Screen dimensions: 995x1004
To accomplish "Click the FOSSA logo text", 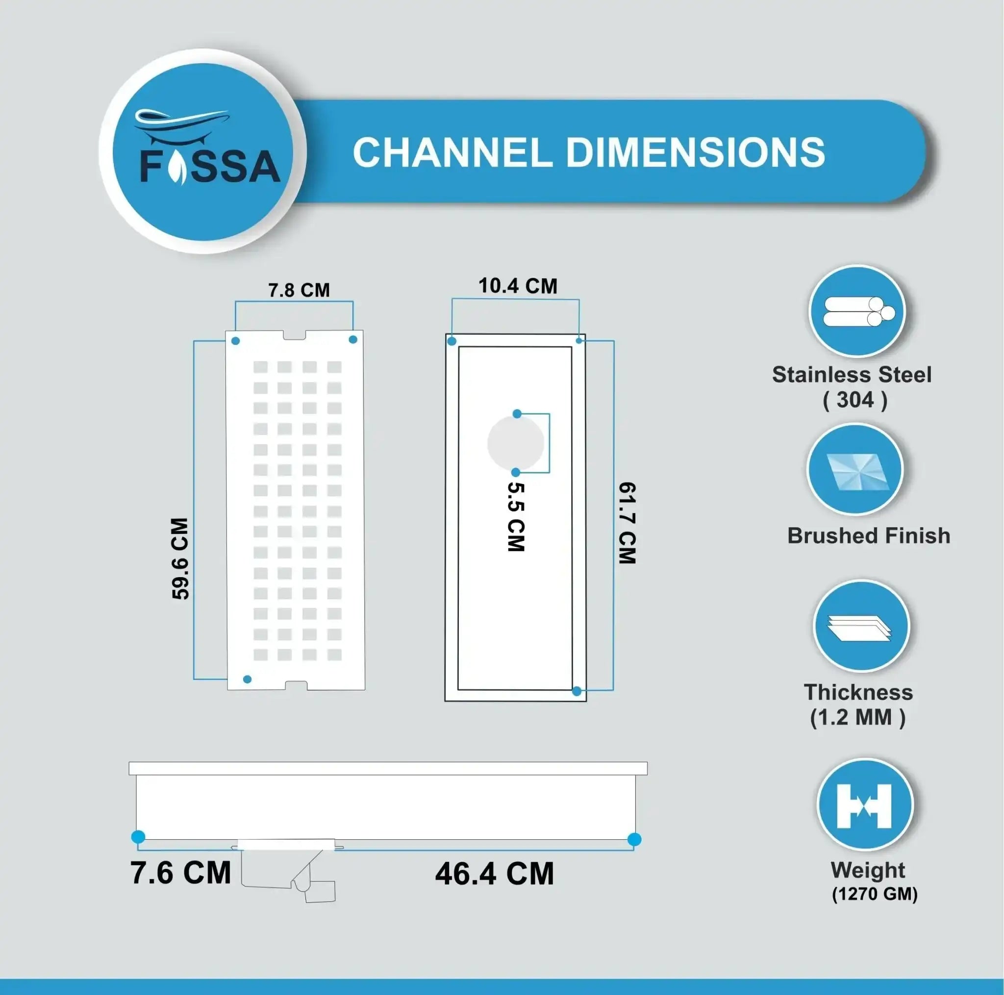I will point(210,167).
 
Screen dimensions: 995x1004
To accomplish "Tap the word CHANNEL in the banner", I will point(452,153).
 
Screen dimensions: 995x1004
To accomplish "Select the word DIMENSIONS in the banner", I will point(695,153).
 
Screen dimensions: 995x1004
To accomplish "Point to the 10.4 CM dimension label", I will point(518,286).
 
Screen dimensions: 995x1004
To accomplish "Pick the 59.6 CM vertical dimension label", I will point(180,558).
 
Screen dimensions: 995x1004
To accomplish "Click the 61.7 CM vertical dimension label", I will point(627,522).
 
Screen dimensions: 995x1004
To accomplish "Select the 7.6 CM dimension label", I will point(180,873).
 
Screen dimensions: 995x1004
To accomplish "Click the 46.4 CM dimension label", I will point(495,874).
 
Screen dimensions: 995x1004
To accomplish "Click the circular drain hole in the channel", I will point(516,443).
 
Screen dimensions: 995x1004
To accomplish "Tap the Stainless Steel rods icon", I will point(857,312).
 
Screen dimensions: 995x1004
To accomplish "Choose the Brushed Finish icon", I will point(855,469).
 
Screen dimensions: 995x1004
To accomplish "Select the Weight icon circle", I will point(865,805).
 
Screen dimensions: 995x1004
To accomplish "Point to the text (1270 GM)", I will point(875,894).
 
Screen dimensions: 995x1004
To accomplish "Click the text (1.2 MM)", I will point(857,717).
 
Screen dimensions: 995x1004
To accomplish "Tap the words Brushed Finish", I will point(868,536).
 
